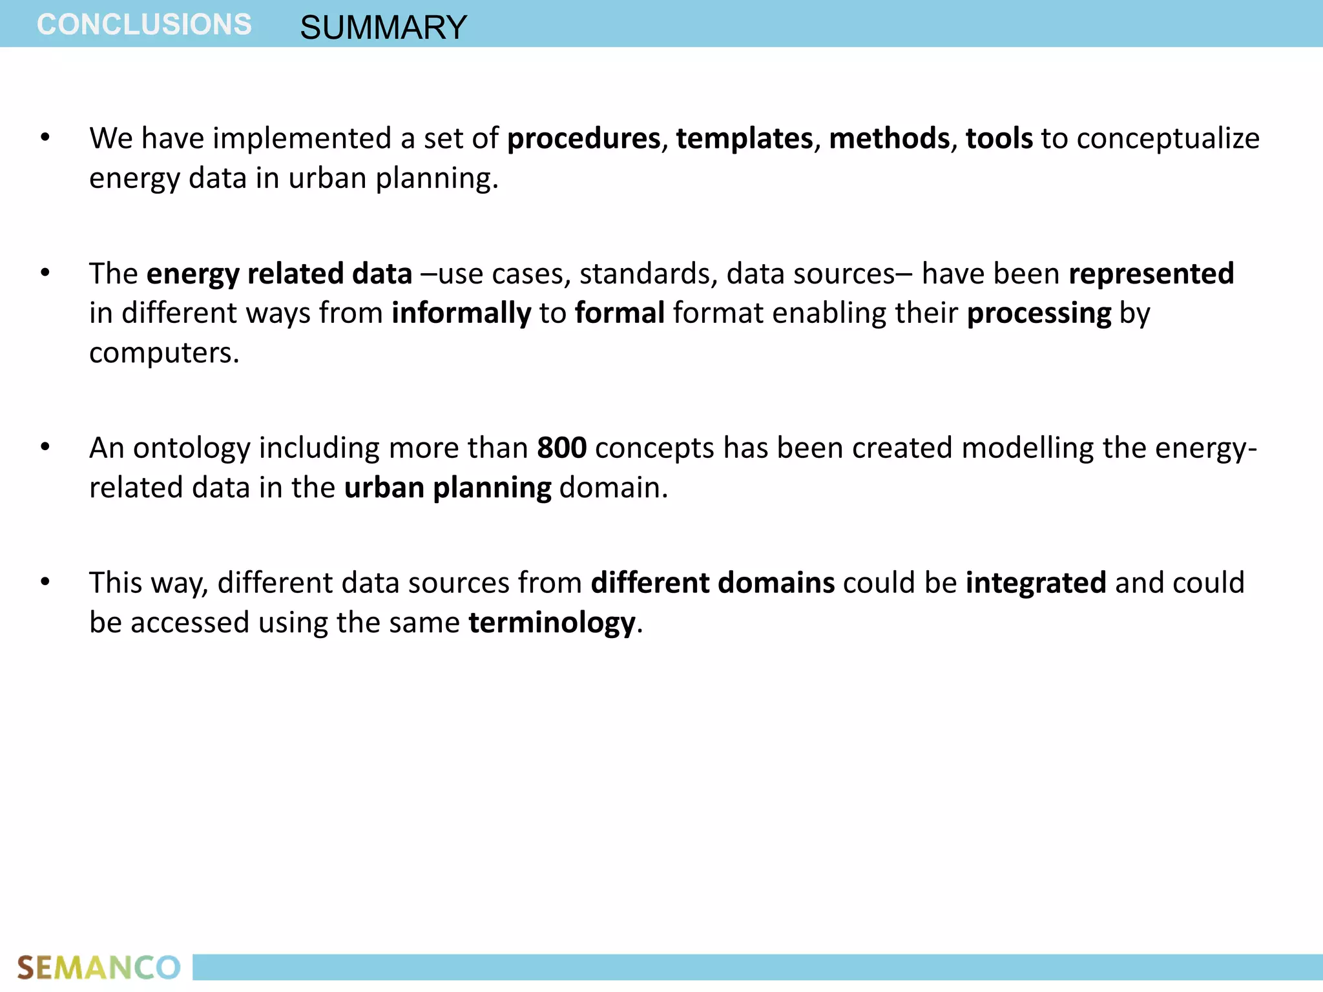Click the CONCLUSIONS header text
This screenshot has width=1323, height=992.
144,25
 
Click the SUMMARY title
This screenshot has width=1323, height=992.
383,28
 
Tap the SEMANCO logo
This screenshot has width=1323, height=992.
98,967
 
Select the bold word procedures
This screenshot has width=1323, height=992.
583,139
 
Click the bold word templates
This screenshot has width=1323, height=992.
744,139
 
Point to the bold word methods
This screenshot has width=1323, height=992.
889,139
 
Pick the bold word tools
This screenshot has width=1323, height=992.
999,139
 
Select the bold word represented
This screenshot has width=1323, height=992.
1151,274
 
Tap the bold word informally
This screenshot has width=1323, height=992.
461,314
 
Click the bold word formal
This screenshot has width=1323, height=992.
620,313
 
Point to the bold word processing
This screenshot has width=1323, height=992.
1039,314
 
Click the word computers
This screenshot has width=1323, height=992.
163,353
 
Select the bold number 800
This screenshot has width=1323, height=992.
561,448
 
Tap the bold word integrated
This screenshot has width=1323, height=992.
1036,583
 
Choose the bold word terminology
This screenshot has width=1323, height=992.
552,623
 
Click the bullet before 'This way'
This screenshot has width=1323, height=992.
45,583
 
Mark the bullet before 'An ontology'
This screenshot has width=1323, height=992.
45,448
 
